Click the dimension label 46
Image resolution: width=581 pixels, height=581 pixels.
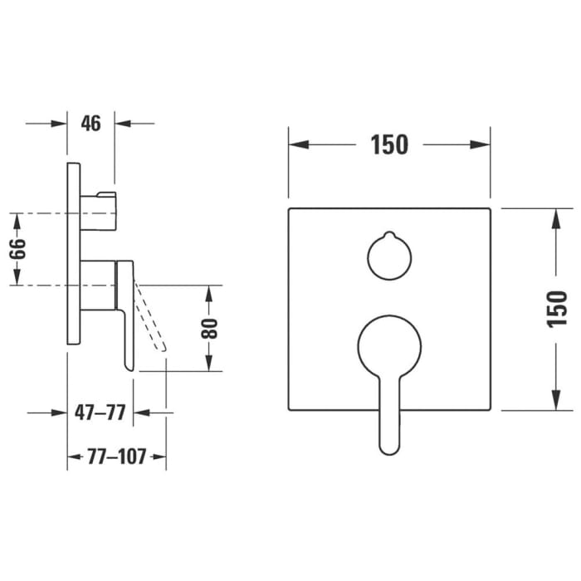pyautogui.click(x=90, y=124)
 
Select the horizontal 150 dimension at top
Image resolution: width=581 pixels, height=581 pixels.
pyautogui.click(x=389, y=144)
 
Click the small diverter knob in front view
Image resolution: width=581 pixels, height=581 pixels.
pyautogui.click(x=388, y=255)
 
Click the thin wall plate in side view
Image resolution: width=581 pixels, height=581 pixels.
pyautogui.click(x=73, y=253)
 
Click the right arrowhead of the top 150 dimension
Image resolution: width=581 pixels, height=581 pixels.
pyautogui.click(x=482, y=144)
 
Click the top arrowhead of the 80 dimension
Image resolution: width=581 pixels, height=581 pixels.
pyautogui.click(x=210, y=293)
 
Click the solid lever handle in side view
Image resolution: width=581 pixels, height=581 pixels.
pyautogui.click(x=126, y=315)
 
